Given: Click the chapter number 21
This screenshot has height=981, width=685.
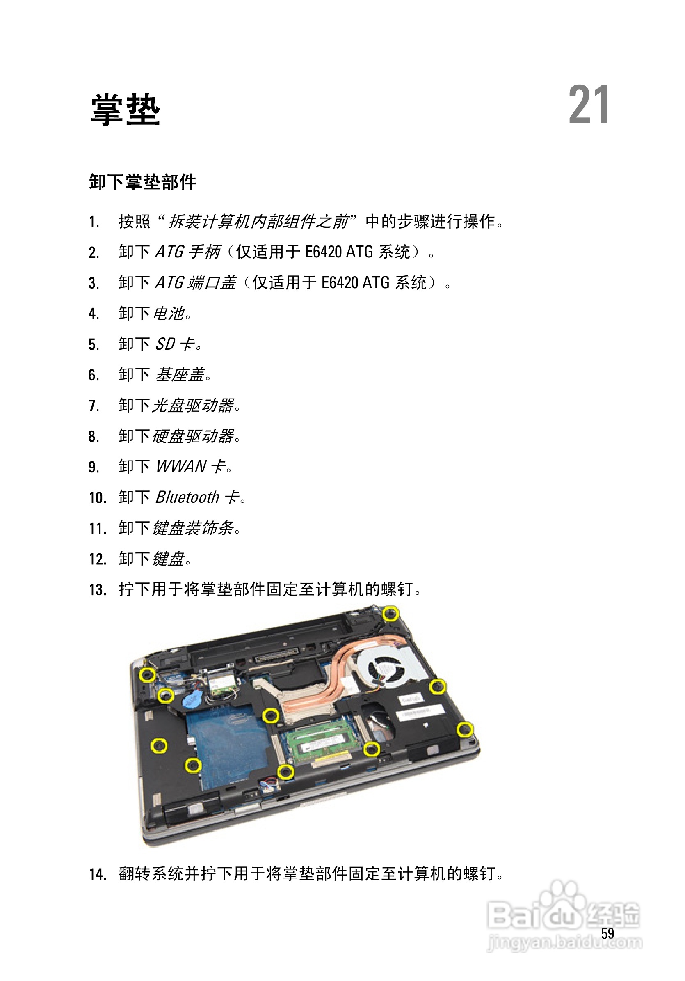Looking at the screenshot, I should [x=588, y=105].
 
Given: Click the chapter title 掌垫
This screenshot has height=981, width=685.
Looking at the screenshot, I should [x=125, y=110].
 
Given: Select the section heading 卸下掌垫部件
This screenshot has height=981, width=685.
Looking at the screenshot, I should [x=143, y=182].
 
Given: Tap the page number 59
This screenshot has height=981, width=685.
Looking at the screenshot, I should [x=607, y=933].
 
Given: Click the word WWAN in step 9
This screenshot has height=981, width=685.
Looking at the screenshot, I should [x=181, y=466].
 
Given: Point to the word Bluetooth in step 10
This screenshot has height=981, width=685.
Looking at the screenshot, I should [x=187, y=497].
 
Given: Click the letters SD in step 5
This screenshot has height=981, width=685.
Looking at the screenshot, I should [x=165, y=344].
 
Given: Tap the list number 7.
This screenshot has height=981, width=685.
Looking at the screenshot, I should [x=94, y=406].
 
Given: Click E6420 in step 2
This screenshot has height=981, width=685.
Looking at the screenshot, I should [x=323, y=252].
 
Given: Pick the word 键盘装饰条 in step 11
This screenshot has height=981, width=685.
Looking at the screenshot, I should [x=193, y=528].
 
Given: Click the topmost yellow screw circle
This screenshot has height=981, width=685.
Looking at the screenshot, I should [x=390, y=614].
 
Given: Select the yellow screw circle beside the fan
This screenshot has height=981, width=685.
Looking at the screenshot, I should [x=437, y=687].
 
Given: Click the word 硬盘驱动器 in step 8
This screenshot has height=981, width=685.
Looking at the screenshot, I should [x=193, y=436].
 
